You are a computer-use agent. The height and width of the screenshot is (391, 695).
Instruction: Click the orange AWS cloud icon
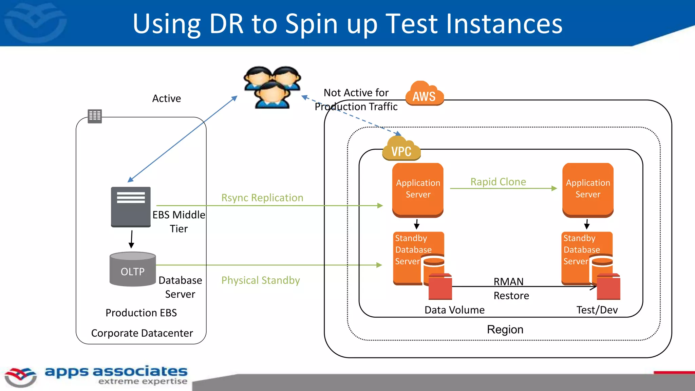424,94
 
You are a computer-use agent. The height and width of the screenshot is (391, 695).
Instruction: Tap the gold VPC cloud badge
401,149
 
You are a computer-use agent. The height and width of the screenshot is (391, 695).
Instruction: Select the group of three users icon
272,87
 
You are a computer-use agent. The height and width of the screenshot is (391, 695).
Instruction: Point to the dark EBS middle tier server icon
131,206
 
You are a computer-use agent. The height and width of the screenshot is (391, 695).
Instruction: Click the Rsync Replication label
262,198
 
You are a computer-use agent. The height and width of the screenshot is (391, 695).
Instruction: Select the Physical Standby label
260,280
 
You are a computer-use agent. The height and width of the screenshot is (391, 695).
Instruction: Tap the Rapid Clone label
498,182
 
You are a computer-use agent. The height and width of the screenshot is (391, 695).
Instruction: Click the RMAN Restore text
511,288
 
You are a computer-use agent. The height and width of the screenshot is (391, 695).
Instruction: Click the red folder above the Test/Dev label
608,287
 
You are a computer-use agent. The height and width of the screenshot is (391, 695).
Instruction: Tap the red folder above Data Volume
440,287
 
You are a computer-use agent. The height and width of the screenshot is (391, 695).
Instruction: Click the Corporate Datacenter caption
142,333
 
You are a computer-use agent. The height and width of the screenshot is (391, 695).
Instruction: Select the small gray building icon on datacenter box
95,116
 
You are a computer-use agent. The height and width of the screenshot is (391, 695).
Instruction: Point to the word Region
505,330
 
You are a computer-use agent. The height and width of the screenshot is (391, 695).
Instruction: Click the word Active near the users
166,98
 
